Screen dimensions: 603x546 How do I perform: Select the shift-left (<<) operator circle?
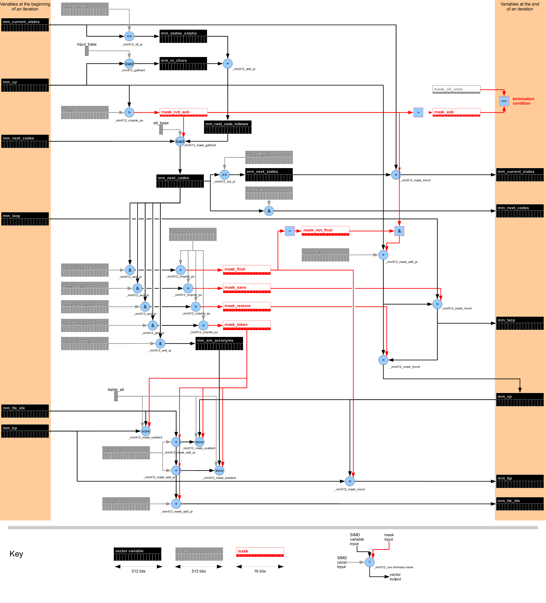129,36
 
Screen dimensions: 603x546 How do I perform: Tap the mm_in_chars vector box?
183,64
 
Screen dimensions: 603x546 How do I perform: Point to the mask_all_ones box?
456,89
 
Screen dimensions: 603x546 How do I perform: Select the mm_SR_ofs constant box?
269,157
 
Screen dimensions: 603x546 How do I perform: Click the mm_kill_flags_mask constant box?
269,193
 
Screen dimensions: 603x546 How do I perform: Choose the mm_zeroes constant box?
193,234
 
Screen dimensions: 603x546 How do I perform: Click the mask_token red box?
247,325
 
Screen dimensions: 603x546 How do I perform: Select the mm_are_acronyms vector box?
219,343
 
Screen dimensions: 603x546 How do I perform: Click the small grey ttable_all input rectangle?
116,396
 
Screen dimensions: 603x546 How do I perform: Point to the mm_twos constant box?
126,504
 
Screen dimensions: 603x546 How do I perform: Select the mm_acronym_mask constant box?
85,343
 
